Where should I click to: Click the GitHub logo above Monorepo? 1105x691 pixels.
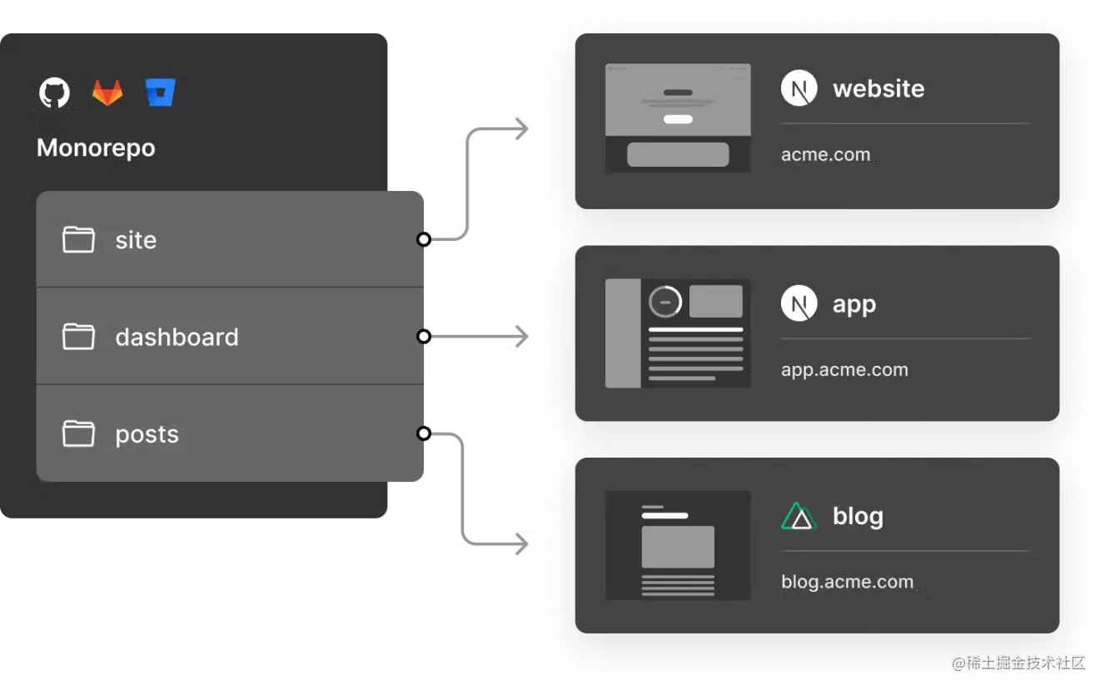click(x=54, y=93)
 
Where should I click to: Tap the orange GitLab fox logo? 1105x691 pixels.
click(x=107, y=93)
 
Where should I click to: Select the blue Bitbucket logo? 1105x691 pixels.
click(x=160, y=93)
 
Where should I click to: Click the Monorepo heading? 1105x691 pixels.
click(x=96, y=148)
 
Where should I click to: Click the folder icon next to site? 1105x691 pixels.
click(x=78, y=240)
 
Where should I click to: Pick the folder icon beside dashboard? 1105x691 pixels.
click(x=78, y=337)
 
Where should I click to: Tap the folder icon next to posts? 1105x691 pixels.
click(x=78, y=433)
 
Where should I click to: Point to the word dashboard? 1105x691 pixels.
click(x=177, y=337)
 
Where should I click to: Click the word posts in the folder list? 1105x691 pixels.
click(x=147, y=434)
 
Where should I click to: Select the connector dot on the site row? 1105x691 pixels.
click(x=423, y=240)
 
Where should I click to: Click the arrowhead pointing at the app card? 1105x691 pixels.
click(x=523, y=337)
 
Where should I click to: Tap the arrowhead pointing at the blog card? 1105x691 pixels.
click(x=523, y=544)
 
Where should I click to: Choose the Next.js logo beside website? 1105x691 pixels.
click(x=799, y=88)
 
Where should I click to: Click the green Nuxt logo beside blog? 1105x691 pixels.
click(x=799, y=517)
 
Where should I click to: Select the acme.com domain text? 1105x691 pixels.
click(x=825, y=155)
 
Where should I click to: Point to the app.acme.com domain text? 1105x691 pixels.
click(x=844, y=370)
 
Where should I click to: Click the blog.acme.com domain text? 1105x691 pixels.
click(x=847, y=582)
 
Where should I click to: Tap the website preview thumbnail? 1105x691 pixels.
click(x=678, y=118)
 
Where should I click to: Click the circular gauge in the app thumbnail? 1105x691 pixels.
click(x=665, y=302)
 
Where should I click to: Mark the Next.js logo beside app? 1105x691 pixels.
click(x=799, y=304)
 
